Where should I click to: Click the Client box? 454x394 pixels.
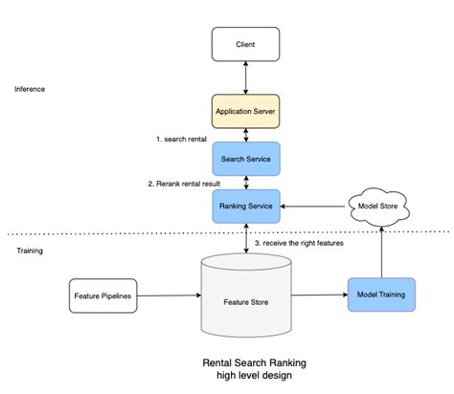tap(245, 44)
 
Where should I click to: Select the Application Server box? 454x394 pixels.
tap(245, 111)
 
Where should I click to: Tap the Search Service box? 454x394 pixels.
tap(245, 158)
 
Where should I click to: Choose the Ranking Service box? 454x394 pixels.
tap(245, 205)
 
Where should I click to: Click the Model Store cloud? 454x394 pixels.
tap(381, 205)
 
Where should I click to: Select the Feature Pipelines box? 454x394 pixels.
tap(104, 295)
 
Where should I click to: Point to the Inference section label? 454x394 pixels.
tap(30, 89)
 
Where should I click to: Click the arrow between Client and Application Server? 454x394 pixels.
tap(245, 77)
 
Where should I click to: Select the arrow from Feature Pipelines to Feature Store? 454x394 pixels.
tap(170, 295)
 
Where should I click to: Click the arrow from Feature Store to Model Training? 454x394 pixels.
tap(320, 295)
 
